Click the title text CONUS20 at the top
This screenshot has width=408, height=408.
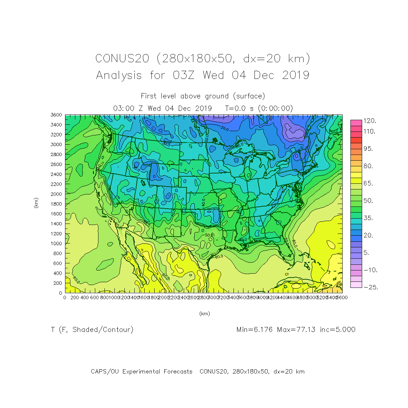pos(122,59)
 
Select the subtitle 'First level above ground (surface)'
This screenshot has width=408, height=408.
pos(203,96)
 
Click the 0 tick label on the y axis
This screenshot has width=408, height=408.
pos(60,293)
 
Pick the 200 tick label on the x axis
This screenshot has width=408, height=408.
pos(75,297)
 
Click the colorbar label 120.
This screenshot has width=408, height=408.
pos(370,121)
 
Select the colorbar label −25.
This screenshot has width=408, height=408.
pos(370,288)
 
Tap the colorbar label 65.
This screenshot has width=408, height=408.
pos(368,184)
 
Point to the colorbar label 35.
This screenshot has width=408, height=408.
pos(368,218)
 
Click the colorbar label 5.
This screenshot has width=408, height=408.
pos(366,253)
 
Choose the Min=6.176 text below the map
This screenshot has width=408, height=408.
pos(254,330)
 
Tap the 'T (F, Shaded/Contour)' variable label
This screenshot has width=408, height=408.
pos(92,330)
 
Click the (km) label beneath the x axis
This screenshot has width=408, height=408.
pos(205,314)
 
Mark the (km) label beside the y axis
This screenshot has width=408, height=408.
pos(36,203)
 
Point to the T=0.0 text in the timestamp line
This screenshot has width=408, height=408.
pos(235,108)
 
